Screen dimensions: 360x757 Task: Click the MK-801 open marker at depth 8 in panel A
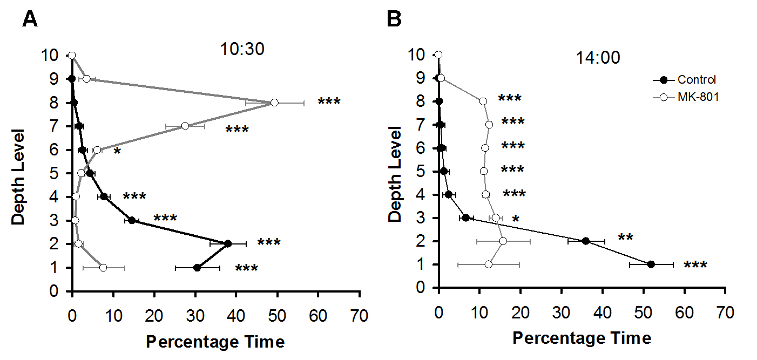coord(274,103)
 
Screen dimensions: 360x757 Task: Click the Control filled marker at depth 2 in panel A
coord(228,243)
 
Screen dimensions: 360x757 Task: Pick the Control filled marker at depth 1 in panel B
coord(651,264)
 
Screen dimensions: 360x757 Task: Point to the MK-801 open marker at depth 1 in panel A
coord(103,268)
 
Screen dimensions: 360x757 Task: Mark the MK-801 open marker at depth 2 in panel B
coord(503,241)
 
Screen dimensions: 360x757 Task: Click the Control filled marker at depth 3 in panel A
coord(132,220)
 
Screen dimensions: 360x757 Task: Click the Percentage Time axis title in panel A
coord(215,342)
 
